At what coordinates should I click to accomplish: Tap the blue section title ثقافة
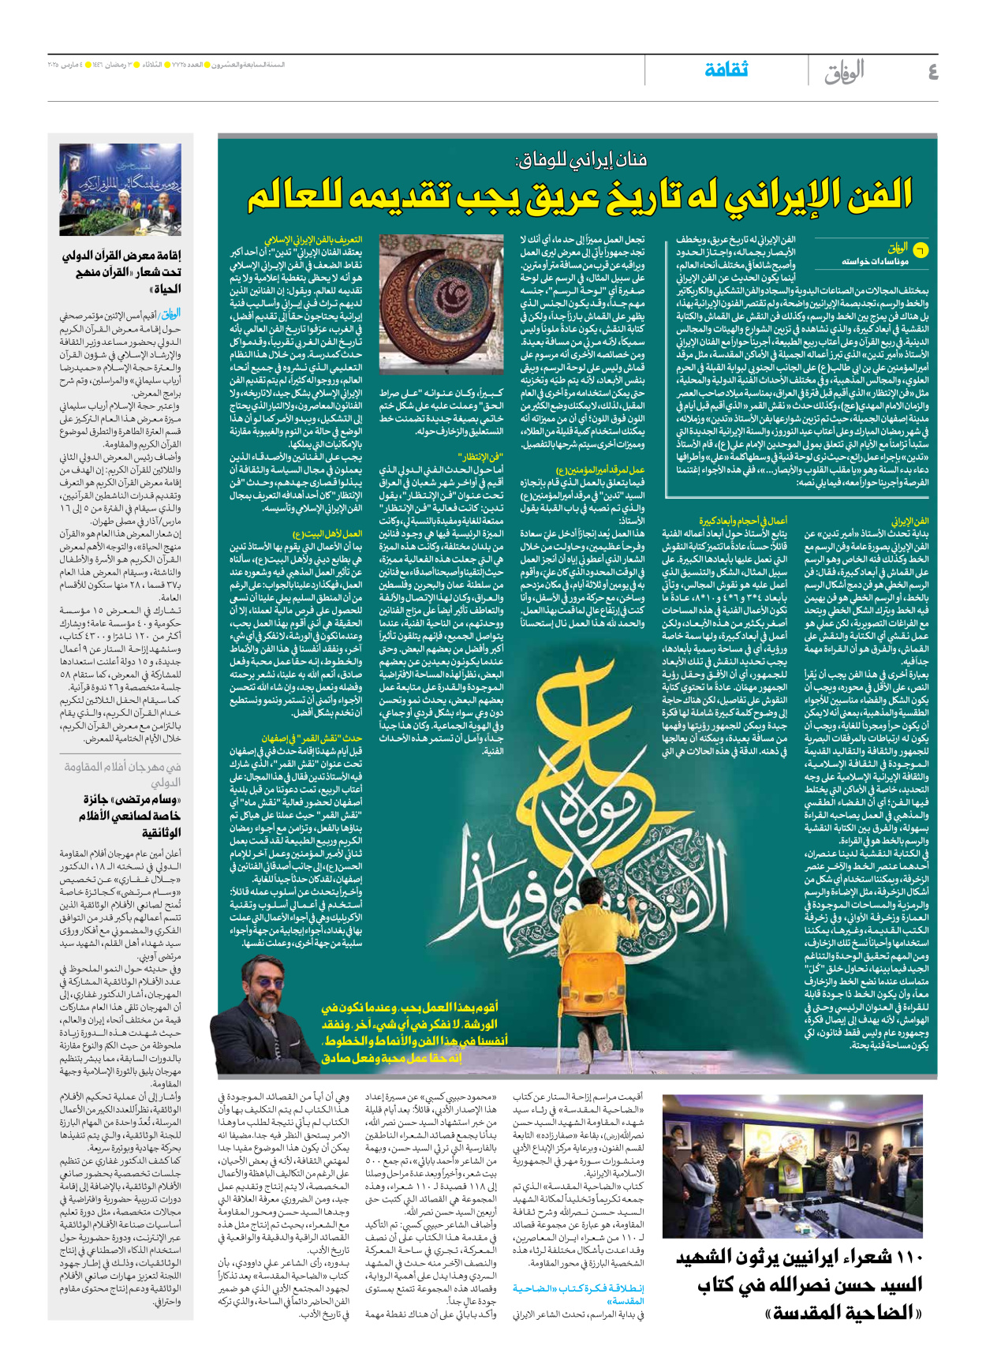[x=726, y=69]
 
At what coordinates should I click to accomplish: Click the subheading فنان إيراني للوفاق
[x=581, y=161]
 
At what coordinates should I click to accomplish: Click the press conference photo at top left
[x=120, y=189]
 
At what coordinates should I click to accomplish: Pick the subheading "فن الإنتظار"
[x=480, y=457]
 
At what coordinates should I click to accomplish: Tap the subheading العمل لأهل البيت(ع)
[x=327, y=534]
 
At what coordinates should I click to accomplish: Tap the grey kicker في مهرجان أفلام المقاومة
[x=122, y=767]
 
